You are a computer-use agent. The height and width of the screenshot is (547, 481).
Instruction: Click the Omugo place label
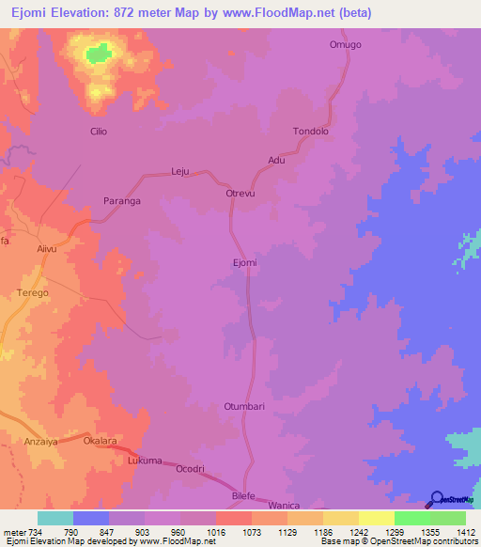pyautogui.click(x=345, y=45)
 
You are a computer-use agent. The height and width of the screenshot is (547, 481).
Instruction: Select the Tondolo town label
pyautogui.click(x=311, y=132)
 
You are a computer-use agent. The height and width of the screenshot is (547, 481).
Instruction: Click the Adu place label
pyautogui.click(x=276, y=160)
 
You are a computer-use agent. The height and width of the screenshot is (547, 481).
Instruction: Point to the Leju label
pyautogui.click(x=180, y=172)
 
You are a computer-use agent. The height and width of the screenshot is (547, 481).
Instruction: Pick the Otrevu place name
pyautogui.click(x=241, y=193)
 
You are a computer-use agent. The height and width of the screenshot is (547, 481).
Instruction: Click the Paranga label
pyautogui.click(x=121, y=201)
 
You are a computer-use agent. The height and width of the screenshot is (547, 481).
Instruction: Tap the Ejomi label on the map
pyautogui.click(x=244, y=262)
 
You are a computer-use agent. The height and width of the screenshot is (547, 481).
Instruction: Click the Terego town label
pyautogui.click(x=32, y=292)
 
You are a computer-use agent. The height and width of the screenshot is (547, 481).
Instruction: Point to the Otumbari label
pyautogui.click(x=244, y=406)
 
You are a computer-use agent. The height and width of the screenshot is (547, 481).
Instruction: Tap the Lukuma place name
pyautogui.click(x=145, y=461)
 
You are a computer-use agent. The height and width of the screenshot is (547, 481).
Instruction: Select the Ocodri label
pyautogui.click(x=190, y=468)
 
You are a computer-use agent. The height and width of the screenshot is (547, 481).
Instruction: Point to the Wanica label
pyautogui.click(x=296, y=504)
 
